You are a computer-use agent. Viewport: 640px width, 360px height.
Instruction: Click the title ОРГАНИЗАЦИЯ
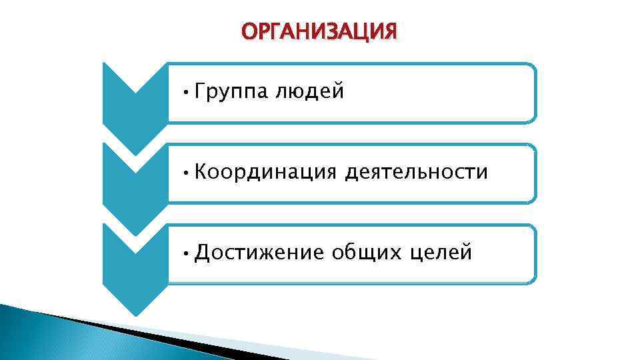coord(319,31)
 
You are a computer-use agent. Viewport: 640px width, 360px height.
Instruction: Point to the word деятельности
coord(417,173)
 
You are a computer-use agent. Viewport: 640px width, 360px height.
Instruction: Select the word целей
coord(441,253)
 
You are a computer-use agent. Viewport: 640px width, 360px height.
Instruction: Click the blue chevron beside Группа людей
coord(135,100)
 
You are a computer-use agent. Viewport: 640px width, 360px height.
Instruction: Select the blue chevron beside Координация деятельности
coord(135,180)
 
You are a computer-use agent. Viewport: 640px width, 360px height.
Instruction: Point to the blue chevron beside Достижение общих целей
coord(135,263)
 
